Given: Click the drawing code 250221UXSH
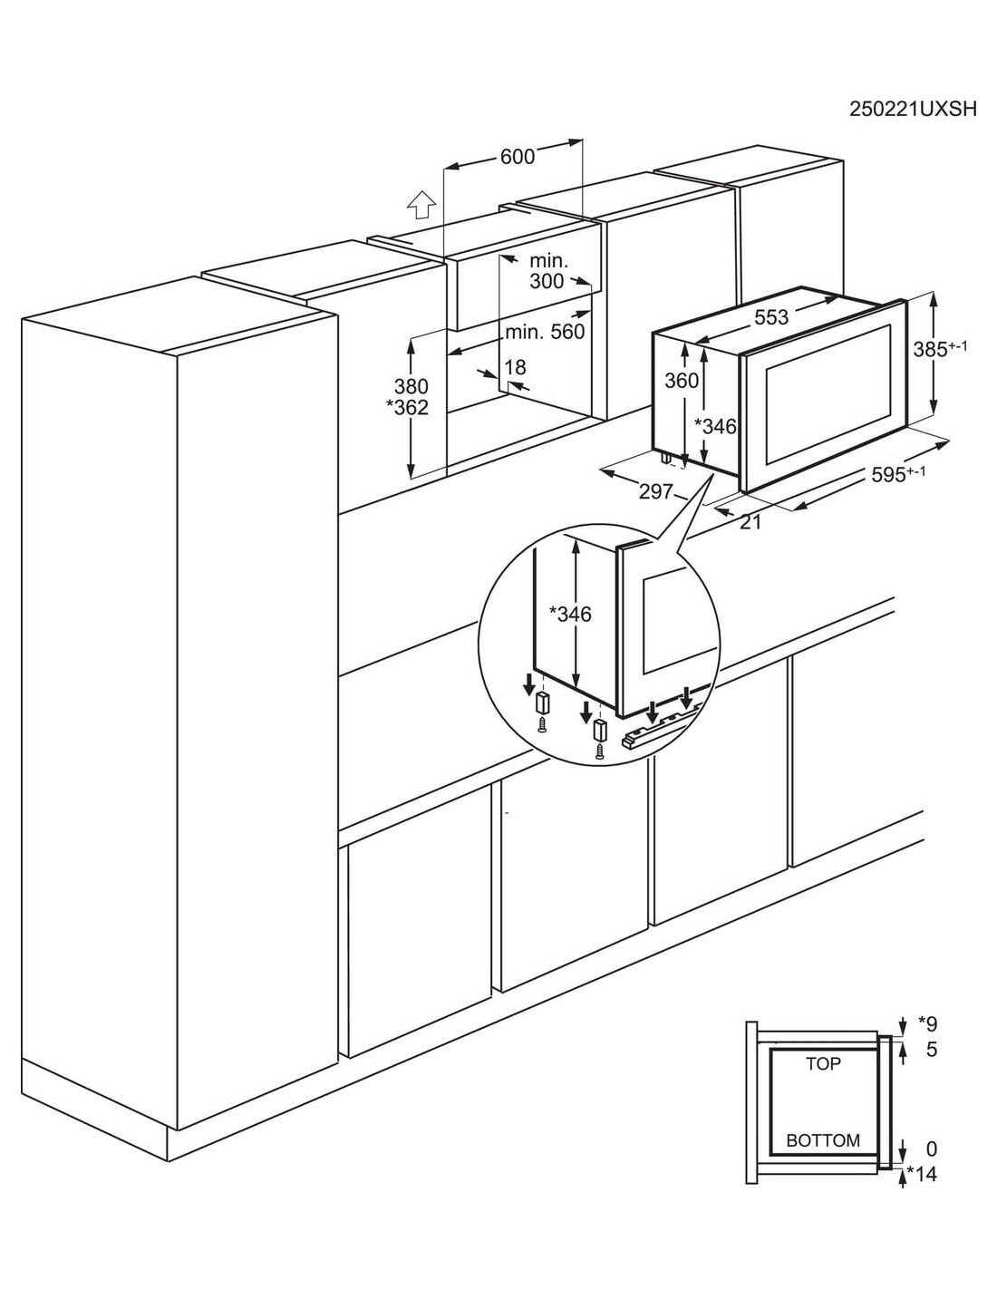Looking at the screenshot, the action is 912,126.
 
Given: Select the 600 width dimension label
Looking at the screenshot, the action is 518,157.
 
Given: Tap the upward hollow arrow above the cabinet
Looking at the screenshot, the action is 421,206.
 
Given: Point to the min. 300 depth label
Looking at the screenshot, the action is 547,271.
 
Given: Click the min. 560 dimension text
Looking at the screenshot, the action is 545,332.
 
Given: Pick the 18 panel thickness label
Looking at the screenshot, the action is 515,368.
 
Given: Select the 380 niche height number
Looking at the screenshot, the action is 411,386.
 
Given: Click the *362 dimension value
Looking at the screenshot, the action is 407,408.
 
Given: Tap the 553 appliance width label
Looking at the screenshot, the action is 771,318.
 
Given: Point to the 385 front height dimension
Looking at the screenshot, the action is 940,349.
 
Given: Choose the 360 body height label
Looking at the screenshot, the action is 681,381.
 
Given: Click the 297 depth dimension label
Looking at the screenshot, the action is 655,491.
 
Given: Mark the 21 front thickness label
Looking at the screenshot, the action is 750,522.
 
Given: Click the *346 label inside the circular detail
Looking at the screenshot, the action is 570,615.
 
